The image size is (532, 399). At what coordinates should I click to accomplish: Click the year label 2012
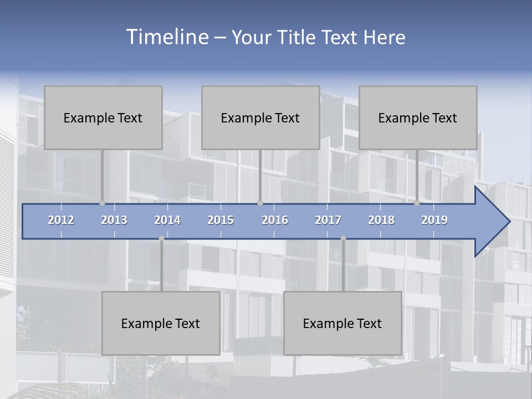click(61, 220)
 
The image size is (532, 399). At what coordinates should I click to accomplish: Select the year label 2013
click(114, 220)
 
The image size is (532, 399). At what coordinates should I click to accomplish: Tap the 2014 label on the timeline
click(167, 220)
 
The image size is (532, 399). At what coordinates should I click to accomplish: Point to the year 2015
click(221, 220)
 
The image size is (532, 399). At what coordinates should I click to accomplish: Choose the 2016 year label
click(275, 220)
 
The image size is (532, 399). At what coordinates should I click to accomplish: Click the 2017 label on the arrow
click(328, 220)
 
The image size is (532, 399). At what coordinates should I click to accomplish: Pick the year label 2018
click(381, 220)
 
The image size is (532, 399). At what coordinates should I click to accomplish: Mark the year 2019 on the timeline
click(434, 220)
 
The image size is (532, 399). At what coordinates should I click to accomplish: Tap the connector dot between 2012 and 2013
click(102, 203)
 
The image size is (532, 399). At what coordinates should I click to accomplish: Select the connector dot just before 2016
click(260, 203)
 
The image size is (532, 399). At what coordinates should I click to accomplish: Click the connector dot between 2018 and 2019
click(417, 203)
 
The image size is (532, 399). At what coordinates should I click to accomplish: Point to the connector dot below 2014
click(161, 238)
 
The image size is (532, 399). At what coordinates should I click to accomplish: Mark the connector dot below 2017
click(343, 238)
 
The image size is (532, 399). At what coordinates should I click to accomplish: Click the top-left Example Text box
click(103, 117)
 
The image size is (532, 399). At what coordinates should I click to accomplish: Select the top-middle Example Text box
click(260, 117)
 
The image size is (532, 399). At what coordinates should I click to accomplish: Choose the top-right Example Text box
click(418, 117)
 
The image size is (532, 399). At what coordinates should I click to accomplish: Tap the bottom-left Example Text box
click(161, 323)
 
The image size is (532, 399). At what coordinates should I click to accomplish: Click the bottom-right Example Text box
click(342, 323)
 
